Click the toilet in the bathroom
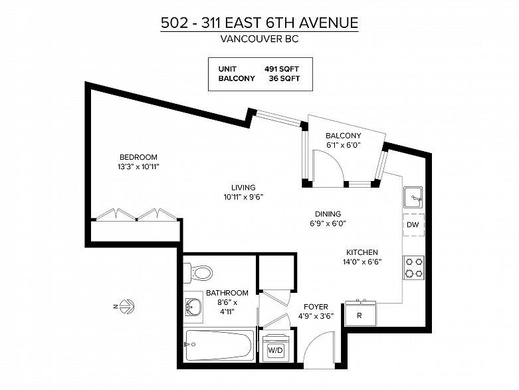(198, 274)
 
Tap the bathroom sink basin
(193, 307)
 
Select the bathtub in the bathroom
(219, 345)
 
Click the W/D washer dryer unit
(275, 348)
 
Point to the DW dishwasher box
(413, 225)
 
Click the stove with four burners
(414, 268)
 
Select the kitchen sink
(413, 198)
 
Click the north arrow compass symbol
(126, 307)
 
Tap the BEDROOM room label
(138, 157)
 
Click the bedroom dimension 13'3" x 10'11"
(138, 166)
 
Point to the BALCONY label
(344, 136)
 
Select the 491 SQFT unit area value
(282, 69)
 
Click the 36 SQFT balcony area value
(284, 79)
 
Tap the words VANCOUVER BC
(259, 39)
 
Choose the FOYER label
(316, 307)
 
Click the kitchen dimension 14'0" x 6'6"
(362, 262)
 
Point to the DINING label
(328, 214)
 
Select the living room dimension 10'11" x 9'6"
(243, 197)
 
